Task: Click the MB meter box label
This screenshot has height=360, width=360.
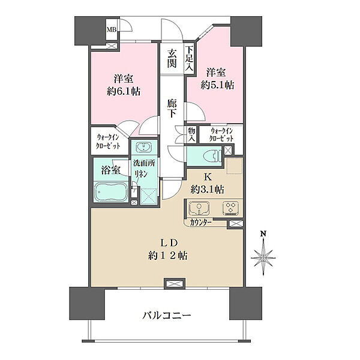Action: click(x=112, y=29)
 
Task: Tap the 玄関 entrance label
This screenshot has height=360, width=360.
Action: click(x=172, y=58)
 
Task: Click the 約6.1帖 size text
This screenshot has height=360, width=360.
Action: click(x=124, y=92)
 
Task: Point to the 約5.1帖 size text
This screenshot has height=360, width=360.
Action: click(x=217, y=85)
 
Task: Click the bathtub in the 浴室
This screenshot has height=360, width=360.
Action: click(x=111, y=192)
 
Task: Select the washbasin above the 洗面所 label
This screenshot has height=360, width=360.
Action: click(x=143, y=147)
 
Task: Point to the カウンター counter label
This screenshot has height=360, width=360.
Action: click(x=200, y=223)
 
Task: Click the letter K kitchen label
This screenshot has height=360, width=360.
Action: click(x=208, y=177)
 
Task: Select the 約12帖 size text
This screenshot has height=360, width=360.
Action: click(x=167, y=256)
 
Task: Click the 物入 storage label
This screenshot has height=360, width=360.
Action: click(x=191, y=134)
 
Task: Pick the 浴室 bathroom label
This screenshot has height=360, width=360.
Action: click(x=110, y=170)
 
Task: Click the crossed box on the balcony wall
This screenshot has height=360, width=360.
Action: click(x=175, y=284)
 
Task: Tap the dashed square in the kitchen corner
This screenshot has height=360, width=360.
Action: click(x=235, y=166)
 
